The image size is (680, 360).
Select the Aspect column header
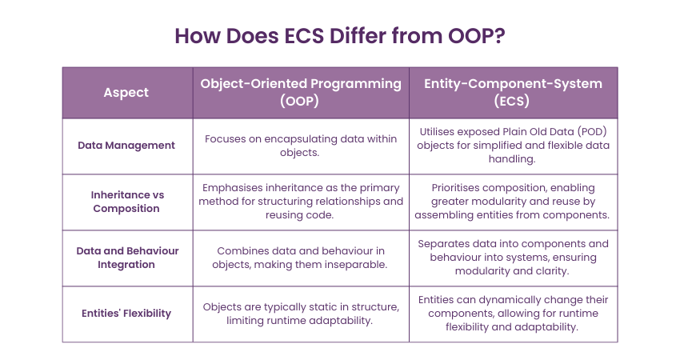point(126,92)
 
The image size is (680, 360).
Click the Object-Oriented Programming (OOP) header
point(301,92)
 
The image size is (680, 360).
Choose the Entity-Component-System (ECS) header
point(513,92)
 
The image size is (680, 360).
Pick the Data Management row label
point(126,146)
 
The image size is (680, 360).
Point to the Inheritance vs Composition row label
point(127,202)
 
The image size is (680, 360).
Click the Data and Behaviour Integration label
point(127,258)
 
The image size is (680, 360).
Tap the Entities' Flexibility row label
point(126,313)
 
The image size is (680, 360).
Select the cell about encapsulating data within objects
point(301,146)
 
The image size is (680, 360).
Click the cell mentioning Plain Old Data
point(513,146)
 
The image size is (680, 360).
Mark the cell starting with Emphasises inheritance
point(301,202)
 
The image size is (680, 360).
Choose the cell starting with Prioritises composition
point(513,202)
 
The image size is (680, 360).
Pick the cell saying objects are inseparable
point(301,258)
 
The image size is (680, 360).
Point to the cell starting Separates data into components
point(513,258)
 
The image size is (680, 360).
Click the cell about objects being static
point(301,314)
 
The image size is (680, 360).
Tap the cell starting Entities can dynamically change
point(513,313)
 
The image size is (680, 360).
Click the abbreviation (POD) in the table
point(592,132)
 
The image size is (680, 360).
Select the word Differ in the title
point(358,35)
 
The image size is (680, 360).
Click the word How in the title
point(198,35)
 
